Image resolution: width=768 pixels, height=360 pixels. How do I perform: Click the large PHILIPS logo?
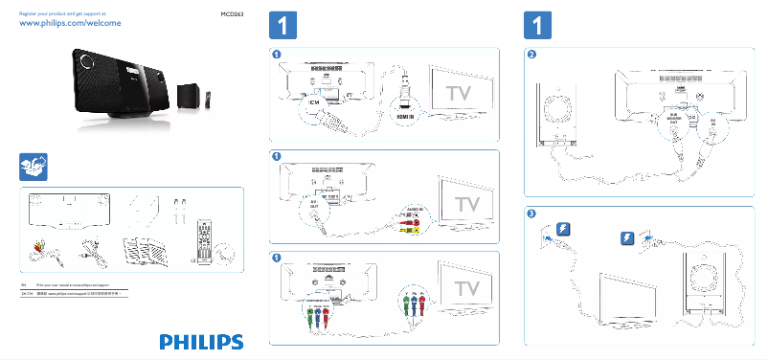point(201,341)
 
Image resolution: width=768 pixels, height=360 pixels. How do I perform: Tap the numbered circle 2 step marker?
point(532,55)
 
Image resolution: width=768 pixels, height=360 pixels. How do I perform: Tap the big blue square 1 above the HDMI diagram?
point(279,23)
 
